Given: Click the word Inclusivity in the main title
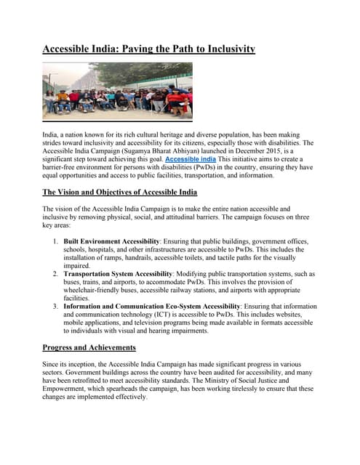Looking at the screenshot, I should pyautogui.click(x=223, y=49).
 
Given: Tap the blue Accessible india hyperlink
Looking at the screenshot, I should pyautogui.click(x=190, y=158).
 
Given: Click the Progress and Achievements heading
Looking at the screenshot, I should pyautogui.click(x=89, y=347).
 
